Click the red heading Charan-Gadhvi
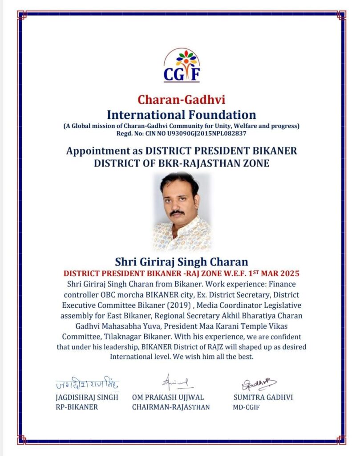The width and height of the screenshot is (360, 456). coord(182,99)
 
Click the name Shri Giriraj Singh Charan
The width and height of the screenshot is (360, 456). coord(181,261)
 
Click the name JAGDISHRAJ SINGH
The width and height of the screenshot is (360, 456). coord(87,397)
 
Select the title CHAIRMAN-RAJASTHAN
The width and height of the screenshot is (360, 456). coord(171,407)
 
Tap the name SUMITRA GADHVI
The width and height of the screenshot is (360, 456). coord(263,397)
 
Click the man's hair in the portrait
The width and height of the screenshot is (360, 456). coord(178,181)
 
